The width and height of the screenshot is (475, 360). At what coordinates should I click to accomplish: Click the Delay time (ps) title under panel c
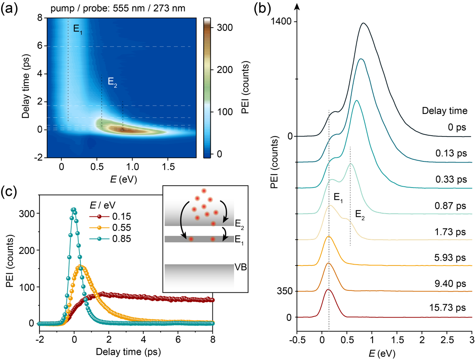click(x=126, y=350)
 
